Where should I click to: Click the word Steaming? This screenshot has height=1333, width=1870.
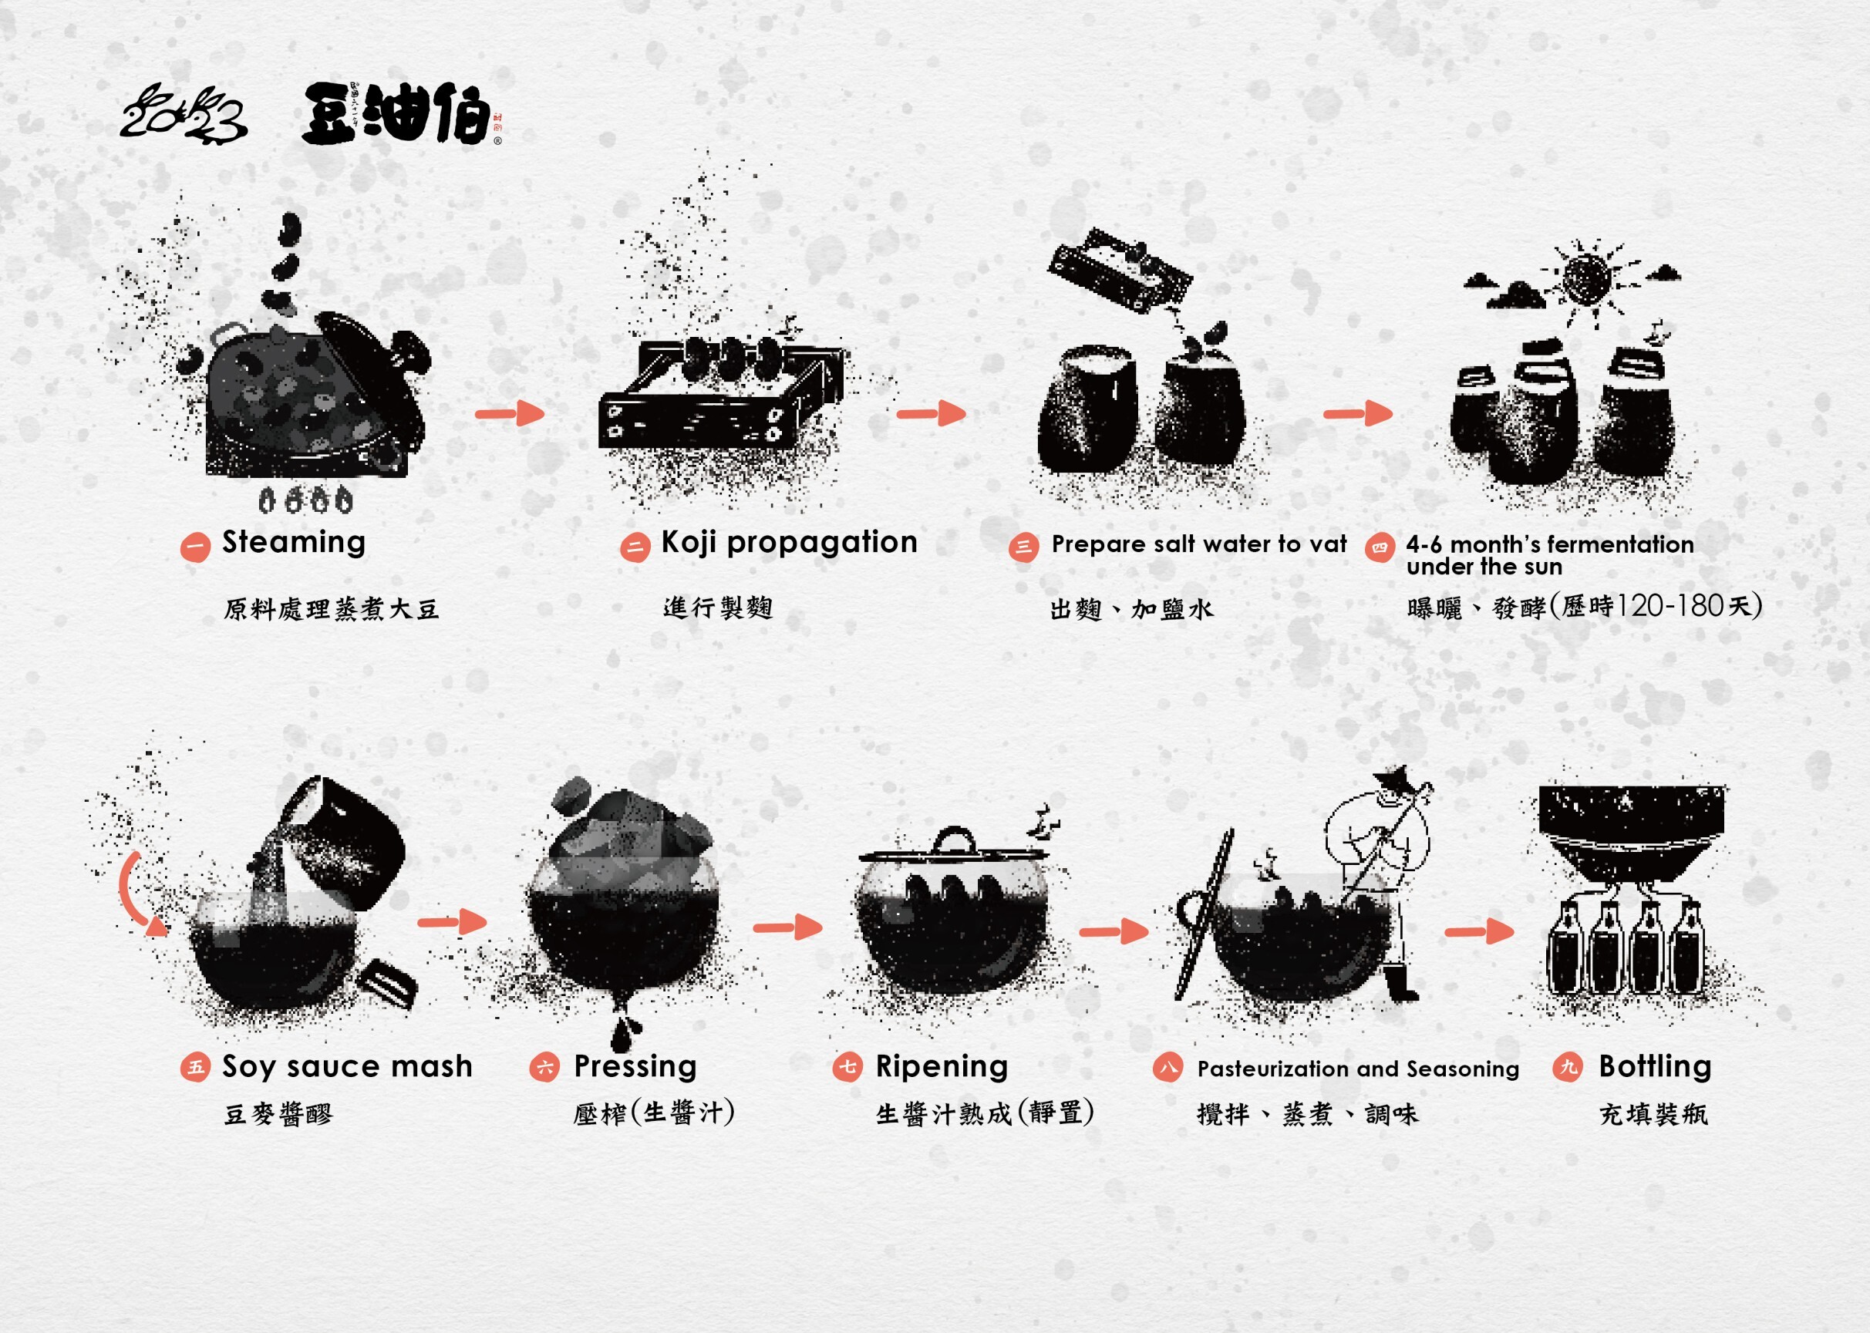pyautogui.click(x=294, y=544)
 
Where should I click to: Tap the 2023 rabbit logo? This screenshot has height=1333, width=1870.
pyautogui.click(x=183, y=115)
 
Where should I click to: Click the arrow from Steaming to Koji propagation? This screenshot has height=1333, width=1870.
pyautogui.click(x=510, y=413)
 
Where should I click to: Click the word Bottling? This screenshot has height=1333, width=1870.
pyautogui.click(x=1655, y=1066)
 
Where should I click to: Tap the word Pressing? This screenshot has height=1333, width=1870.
pyautogui.click(x=635, y=1067)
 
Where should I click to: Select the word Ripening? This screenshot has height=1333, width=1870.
pyautogui.click(x=942, y=1067)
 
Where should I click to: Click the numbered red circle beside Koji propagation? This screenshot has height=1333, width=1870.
pyautogui.click(x=635, y=547)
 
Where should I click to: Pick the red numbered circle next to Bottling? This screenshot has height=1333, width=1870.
pyautogui.click(x=1568, y=1067)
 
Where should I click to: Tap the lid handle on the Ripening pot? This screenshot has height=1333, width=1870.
pyautogui.click(x=952, y=840)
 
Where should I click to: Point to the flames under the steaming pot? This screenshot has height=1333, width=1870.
pyautogui.click(x=305, y=500)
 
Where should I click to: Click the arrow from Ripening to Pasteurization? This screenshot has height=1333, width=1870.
pyautogui.click(x=1114, y=931)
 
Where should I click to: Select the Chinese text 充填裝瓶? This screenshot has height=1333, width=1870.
pyautogui.click(x=1653, y=1114)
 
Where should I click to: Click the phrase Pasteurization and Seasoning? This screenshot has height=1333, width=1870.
pyautogui.click(x=1358, y=1069)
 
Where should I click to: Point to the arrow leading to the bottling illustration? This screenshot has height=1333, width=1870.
pyautogui.click(x=1479, y=931)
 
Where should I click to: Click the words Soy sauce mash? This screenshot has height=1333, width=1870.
pyautogui.click(x=347, y=1067)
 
